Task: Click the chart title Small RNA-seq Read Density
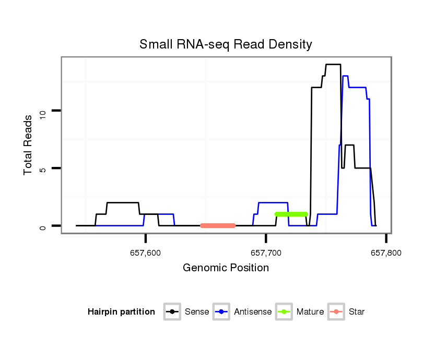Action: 226,44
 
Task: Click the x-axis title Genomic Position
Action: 226,268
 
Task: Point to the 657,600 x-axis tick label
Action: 146,254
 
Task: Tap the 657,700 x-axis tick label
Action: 266,254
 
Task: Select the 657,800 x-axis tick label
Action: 386,254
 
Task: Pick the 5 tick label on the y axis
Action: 44,169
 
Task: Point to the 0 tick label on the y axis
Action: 44,226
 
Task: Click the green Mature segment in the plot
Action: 291,214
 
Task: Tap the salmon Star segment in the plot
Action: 218,225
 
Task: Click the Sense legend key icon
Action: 171,312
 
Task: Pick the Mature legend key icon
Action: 284,312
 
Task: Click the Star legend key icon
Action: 336,312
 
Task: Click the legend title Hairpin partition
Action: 121,312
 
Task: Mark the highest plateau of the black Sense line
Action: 333,65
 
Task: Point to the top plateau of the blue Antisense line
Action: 345,76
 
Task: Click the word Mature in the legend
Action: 310,312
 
